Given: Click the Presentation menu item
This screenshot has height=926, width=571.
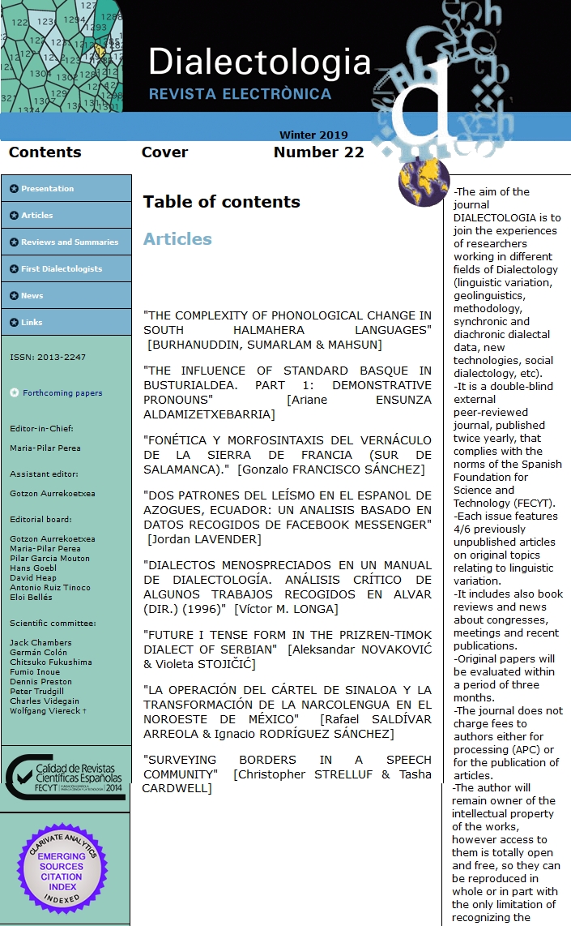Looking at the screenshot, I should click(x=47, y=189).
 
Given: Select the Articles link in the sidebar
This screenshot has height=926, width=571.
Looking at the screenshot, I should click(x=36, y=216).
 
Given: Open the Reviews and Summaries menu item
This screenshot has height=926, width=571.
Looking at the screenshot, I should click(x=69, y=242).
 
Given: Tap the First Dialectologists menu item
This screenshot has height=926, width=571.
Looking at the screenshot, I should click(x=62, y=269).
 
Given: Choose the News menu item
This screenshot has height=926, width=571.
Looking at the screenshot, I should click(x=32, y=296).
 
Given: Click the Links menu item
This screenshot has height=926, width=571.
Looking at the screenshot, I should click(x=32, y=323).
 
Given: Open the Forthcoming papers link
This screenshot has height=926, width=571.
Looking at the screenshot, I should click(x=62, y=393).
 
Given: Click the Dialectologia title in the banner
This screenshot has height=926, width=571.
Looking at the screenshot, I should click(x=259, y=62).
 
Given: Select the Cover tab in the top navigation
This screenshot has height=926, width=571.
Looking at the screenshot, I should click(x=164, y=152).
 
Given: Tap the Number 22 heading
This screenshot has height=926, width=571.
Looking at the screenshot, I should click(x=318, y=152).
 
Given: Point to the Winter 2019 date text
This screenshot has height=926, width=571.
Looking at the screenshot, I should click(x=313, y=135).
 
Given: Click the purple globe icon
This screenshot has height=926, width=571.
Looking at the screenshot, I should click(x=424, y=182).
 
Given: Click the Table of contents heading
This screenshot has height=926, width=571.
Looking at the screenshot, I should click(x=221, y=202).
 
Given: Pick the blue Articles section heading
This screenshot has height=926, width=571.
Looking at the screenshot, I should click(x=177, y=239).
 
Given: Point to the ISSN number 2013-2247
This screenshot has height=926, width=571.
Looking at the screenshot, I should click(x=48, y=358).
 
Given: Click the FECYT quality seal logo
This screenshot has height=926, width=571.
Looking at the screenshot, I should click(x=65, y=778).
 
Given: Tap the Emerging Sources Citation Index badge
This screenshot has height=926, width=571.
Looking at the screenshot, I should click(x=62, y=867).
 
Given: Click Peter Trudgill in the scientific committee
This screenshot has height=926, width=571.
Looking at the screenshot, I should click(x=38, y=692).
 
